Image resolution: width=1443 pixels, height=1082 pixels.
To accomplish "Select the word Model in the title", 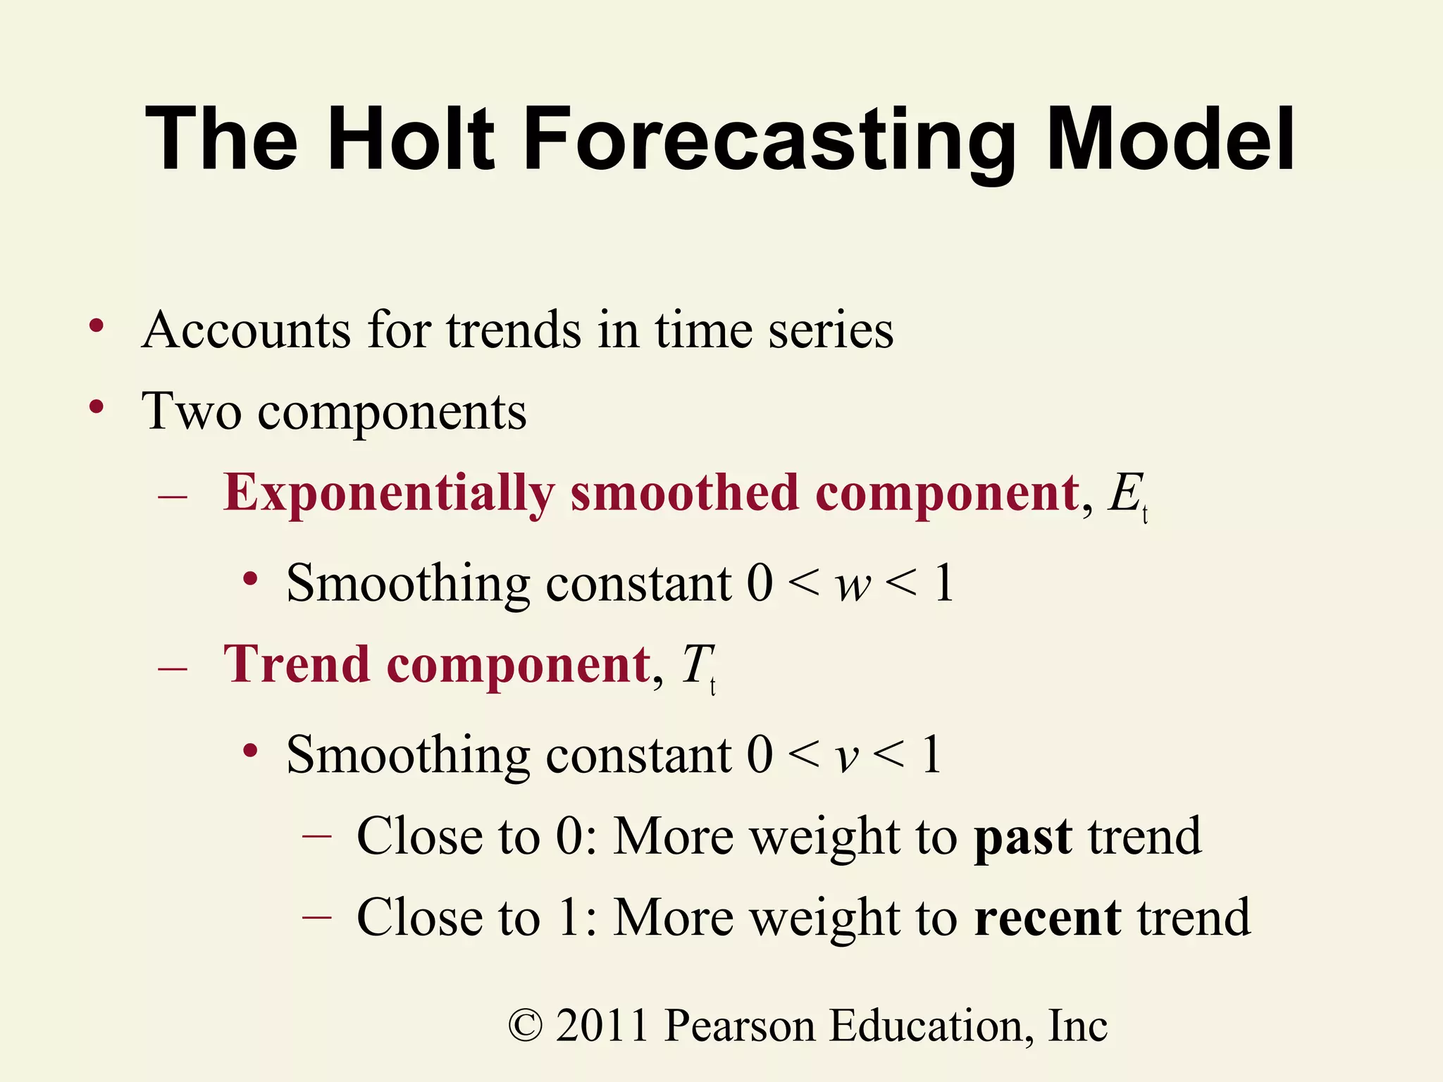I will (x=1170, y=139).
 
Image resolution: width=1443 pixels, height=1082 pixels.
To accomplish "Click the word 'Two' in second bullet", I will (x=191, y=411).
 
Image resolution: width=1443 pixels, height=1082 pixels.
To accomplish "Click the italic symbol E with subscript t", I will (x=1127, y=496).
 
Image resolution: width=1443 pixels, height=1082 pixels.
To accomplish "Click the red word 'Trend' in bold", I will (x=297, y=665).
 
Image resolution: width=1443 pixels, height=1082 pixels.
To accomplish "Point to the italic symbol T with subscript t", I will (x=698, y=667).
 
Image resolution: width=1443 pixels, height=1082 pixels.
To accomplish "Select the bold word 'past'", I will (x=1023, y=838).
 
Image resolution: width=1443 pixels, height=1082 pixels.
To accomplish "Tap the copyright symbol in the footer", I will (x=526, y=1026).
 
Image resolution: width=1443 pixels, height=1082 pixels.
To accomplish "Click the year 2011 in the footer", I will (x=602, y=1026).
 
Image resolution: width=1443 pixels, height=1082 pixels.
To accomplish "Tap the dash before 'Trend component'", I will (x=173, y=666).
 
